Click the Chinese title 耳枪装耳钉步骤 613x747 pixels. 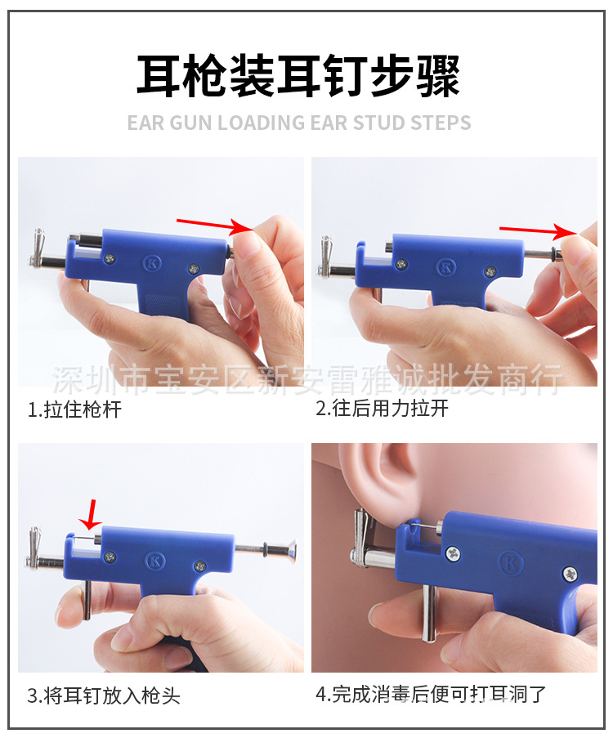pyautogui.click(x=298, y=75)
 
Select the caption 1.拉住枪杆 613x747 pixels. pyautogui.click(x=74, y=409)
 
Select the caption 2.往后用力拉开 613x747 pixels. pyautogui.click(x=382, y=409)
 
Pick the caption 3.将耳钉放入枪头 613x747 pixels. pyautogui.click(x=104, y=696)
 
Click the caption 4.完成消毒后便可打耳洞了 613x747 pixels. pyautogui.click(x=431, y=696)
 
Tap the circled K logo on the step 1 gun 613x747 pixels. pyautogui.click(x=151, y=263)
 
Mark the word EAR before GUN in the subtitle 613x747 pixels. pyautogui.click(x=145, y=123)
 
